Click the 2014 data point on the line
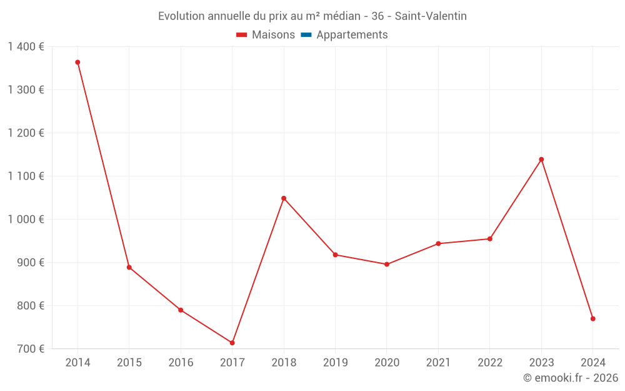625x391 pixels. [77, 63]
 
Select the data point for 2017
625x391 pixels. [232, 343]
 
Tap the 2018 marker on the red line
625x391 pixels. [284, 198]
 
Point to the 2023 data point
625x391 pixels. [541, 160]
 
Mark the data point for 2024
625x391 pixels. [592, 319]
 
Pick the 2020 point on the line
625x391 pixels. [387, 265]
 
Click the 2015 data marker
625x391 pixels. [129, 268]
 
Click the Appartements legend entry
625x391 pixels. [352, 35]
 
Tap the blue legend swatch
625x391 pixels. [306, 35]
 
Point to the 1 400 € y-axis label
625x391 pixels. [26, 47]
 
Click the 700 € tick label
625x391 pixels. [30, 349]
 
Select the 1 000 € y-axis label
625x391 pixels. [26, 220]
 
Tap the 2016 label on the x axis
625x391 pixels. [181, 363]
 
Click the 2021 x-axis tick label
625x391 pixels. [438, 363]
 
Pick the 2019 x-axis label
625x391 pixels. [335, 363]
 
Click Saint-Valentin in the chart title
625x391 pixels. [431, 16]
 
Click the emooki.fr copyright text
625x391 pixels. [571, 378]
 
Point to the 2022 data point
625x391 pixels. [490, 239]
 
